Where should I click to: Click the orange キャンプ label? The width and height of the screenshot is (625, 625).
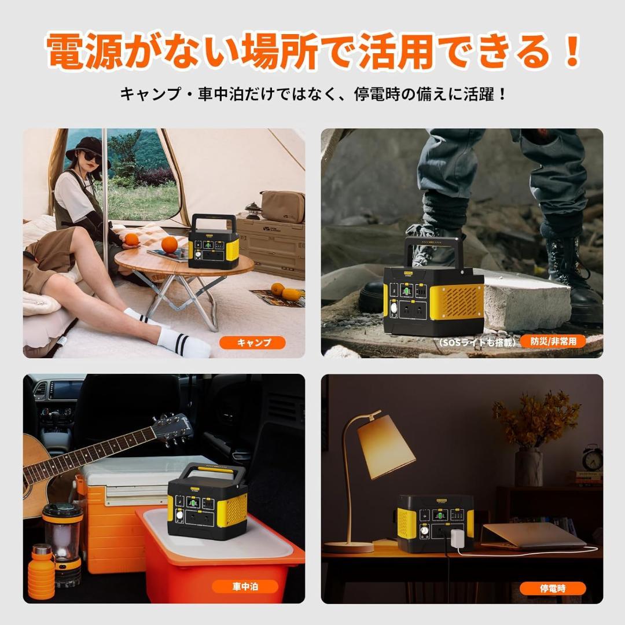[x=252, y=343]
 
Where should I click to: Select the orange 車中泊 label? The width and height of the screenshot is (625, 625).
[x=245, y=586]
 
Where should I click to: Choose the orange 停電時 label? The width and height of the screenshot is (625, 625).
[x=553, y=589]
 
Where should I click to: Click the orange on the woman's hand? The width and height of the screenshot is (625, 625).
[x=132, y=239]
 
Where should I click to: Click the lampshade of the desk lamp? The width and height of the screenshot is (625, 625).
[x=386, y=446]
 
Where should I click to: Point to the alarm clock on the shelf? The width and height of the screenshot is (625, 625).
[x=592, y=458]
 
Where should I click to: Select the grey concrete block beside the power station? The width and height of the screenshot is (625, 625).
[x=524, y=300]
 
